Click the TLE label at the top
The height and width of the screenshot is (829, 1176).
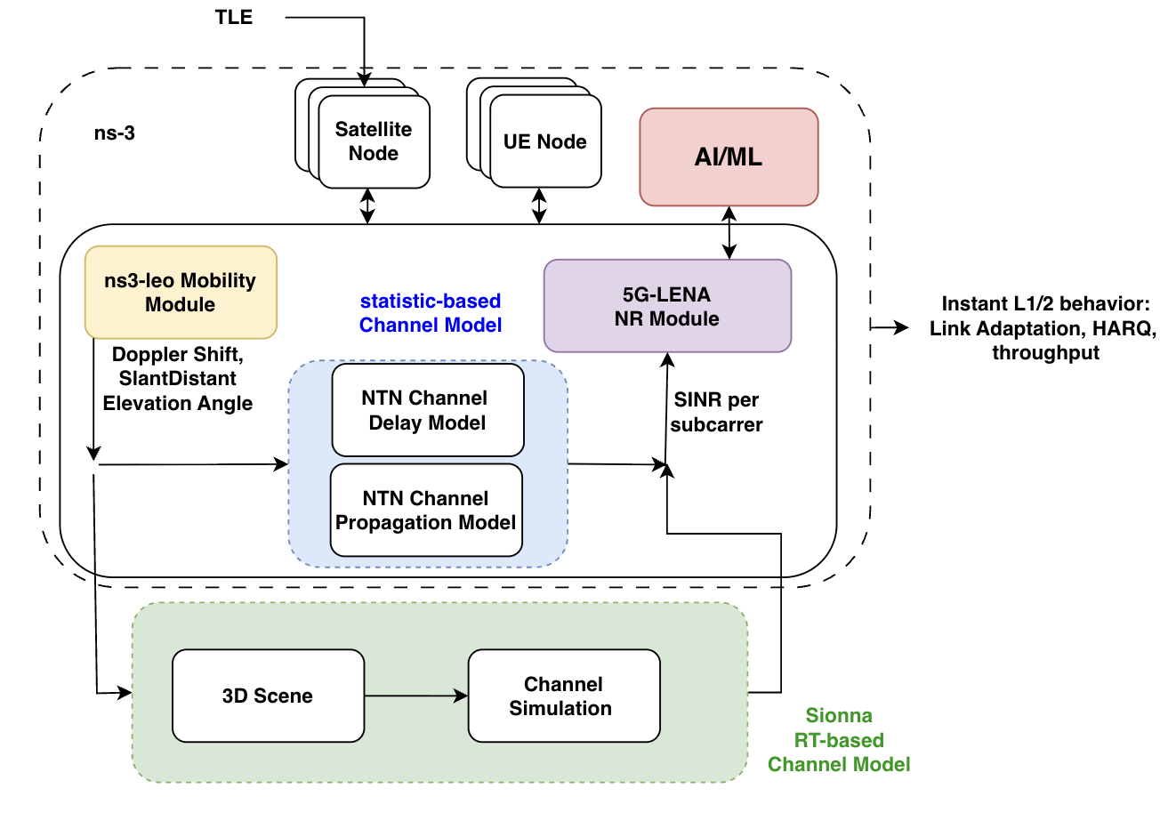click(x=234, y=18)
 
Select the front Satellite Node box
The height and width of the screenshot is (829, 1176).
click(x=374, y=141)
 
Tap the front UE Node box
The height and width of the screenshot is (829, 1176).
click(x=545, y=141)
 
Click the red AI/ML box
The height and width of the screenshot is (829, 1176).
click(x=729, y=157)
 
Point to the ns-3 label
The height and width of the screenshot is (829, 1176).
click(x=115, y=134)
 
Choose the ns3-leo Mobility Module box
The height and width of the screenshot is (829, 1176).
click(x=181, y=293)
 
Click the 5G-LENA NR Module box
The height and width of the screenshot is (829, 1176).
click(x=667, y=306)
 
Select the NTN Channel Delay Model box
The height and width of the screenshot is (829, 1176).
click(x=427, y=410)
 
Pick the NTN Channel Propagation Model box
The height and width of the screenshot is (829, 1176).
click(x=426, y=511)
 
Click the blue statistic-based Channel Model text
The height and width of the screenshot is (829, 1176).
click(x=431, y=313)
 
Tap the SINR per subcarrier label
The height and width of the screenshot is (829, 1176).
click(x=716, y=412)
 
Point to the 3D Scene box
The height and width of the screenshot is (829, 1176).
click(x=268, y=696)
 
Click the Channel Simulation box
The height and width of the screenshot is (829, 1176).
click(x=564, y=696)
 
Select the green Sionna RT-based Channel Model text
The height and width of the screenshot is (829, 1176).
click(x=839, y=740)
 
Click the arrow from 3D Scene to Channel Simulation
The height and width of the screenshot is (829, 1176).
click(x=415, y=696)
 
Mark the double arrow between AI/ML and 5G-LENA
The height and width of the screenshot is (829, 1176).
click(x=729, y=233)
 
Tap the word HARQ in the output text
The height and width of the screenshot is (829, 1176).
click(x=1125, y=328)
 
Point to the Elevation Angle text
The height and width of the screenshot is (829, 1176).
click(x=178, y=403)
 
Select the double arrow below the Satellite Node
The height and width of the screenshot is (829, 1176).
click(x=367, y=206)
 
